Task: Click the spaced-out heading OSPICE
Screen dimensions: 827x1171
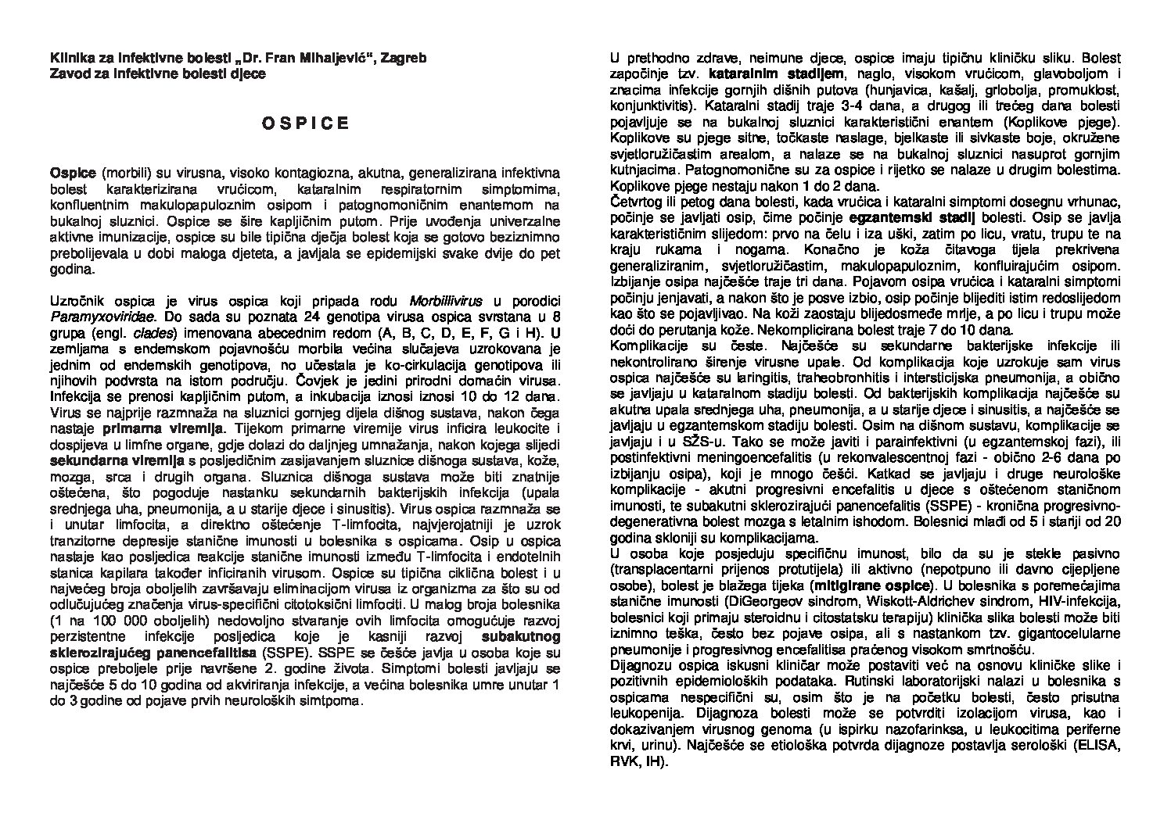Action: [x=304, y=124]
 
